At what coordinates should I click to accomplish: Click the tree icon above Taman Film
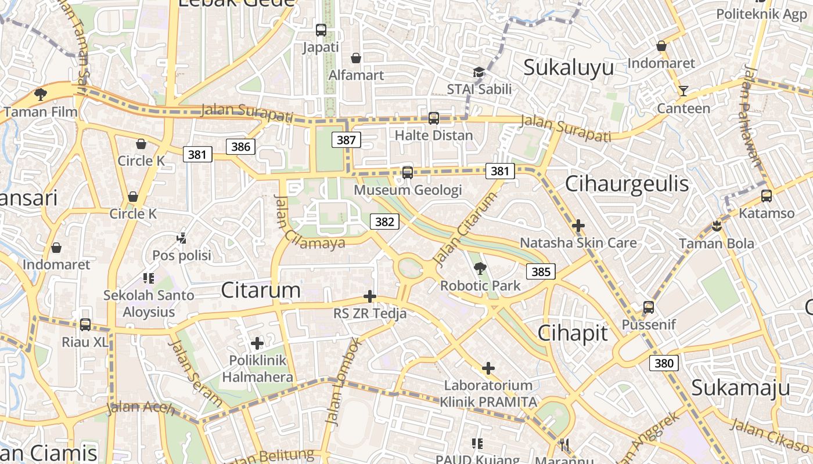pyautogui.click(x=40, y=94)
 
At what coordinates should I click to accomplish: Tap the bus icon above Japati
pyautogui.click(x=321, y=30)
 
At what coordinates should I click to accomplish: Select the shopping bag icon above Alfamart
pyautogui.click(x=356, y=58)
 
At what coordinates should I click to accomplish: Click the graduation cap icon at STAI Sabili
pyautogui.click(x=479, y=72)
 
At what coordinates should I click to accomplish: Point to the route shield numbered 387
pyautogui.click(x=346, y=140)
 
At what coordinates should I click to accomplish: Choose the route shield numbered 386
pyautogui.click(x=240, y=147)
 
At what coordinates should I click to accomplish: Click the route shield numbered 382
pyautogui.click(x=384, y=222)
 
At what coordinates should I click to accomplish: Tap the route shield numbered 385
pyautogui.click(x=541, y=271)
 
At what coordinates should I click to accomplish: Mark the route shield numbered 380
pyautogui.click(x=664, y=364)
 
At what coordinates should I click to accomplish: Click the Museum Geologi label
pyautogui.click(x=408, y=190)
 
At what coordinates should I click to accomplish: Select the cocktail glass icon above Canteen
pyautogui.click(x=683, y=91)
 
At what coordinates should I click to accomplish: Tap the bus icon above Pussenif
pyautogui.click(x=649, y=307)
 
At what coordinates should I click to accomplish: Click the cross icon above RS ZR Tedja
pyautogui.click(x=370, y=296)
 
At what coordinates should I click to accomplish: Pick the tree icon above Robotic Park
pyautogui.click(x=480, y=268)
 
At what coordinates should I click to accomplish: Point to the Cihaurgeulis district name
pyautogui.click(x=627, y=184)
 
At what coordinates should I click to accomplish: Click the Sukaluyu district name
pyautogui.click(x=569, y=67)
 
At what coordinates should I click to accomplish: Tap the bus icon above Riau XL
pyautogui.click(x=85, y=325)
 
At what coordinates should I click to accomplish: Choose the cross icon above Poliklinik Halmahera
pyautogui.click(x=257, y=343)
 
